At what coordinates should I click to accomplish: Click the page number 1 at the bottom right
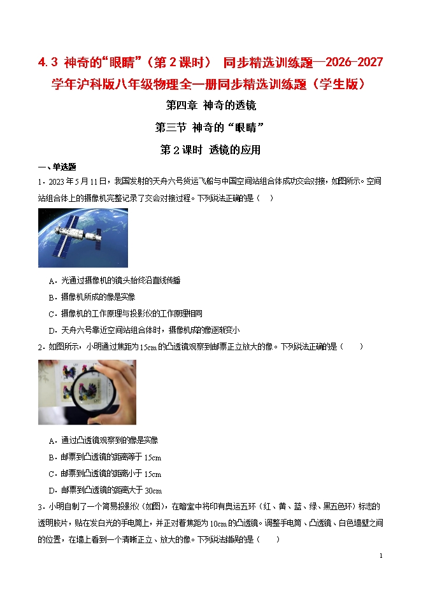click(381, 556)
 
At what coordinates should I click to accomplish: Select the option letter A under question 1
click(52, 281)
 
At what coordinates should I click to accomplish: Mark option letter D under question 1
click(52, 331)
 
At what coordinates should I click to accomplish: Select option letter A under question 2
click(52, 441)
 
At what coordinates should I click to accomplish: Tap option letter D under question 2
click(52, 491)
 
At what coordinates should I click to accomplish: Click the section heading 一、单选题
click(57, 167)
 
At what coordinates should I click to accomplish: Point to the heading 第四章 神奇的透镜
click(211, 105)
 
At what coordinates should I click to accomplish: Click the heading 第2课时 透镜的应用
click(210, 150)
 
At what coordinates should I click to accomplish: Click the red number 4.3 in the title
click(48, 62)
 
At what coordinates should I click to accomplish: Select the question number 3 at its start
click(40, 507)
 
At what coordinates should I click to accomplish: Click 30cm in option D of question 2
click(153, 491)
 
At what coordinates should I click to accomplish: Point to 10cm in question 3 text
click(218, 524)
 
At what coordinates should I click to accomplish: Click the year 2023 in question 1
click(56, 181)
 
